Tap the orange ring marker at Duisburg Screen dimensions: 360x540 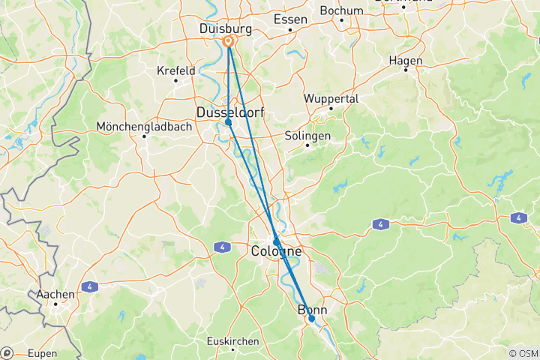229,43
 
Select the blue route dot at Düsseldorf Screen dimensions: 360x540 228,121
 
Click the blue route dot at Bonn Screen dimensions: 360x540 312,319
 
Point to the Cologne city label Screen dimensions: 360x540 277,251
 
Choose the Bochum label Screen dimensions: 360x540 341,10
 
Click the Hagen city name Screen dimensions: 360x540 406,61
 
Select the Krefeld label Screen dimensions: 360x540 175,70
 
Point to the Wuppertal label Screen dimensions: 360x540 331,98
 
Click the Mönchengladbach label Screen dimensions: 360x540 144,127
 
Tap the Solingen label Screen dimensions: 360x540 307,136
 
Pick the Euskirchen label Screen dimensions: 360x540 233,340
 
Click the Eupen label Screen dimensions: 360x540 42,352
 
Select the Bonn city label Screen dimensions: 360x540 313,310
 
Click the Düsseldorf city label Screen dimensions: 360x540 230,112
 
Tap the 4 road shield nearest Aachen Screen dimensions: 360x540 89,286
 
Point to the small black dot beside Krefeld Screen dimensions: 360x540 175,80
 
